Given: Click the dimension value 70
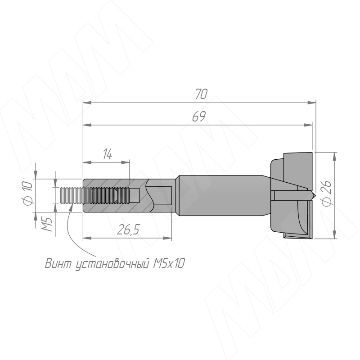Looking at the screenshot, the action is (201, 94).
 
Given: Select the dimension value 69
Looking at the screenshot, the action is (199, 117).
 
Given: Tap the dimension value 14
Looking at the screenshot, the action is (108, 154).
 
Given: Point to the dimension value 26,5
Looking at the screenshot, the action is (128, 229).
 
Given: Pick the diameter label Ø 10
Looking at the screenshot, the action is (28, 193).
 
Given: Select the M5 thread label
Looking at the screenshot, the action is (47, 224).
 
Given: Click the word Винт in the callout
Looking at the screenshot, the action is (58, 263).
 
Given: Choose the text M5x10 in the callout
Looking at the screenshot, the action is (168, 263).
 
